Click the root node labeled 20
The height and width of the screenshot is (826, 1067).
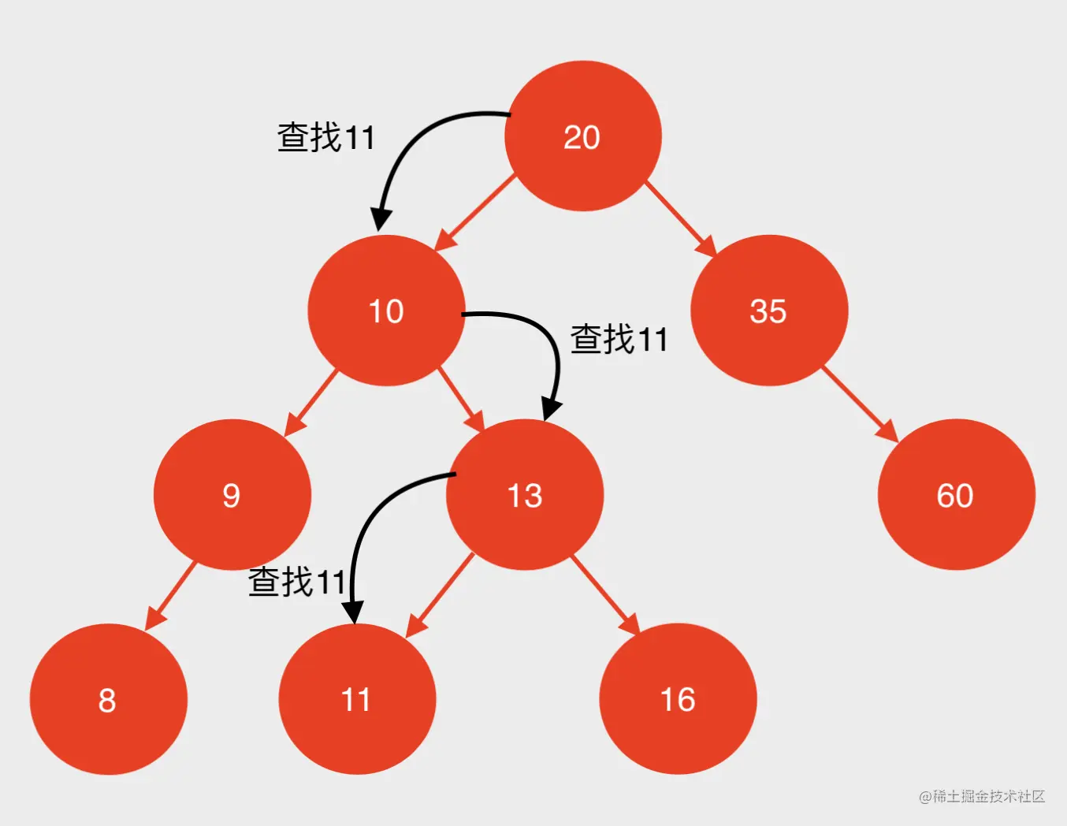582,136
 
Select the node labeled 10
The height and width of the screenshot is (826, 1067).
386,311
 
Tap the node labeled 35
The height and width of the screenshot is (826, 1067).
768,311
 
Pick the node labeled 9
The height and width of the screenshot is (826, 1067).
232,495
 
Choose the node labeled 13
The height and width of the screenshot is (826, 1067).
525,495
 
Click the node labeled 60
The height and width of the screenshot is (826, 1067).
955,495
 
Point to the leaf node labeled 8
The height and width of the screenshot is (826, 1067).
108,699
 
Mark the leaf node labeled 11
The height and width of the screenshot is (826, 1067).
356,699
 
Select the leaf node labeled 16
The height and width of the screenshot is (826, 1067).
678,699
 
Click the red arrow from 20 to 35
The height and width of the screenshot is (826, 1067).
681,218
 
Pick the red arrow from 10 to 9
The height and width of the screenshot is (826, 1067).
311,402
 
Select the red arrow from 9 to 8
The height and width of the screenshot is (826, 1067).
171,596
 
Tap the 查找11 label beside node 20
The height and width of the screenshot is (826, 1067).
325,137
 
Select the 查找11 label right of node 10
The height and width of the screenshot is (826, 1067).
619,340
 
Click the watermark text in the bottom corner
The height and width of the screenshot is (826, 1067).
982,796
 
